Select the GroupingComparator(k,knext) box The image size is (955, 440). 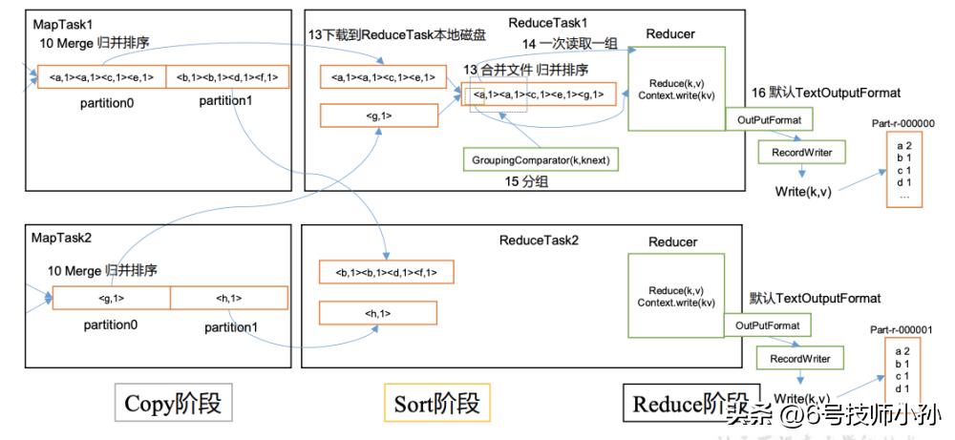point(540,157)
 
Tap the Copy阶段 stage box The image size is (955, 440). point(173,404)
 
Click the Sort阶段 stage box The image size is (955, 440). point(437,404)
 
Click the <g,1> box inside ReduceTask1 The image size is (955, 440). point(379,115)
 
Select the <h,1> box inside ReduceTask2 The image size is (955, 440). point(379,312)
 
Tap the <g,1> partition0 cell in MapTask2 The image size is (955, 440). point(111,298)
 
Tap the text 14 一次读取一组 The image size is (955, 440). point(566,44)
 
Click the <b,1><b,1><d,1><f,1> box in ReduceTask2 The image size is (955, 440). point(386,272)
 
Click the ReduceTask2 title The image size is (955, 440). point(539,241)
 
